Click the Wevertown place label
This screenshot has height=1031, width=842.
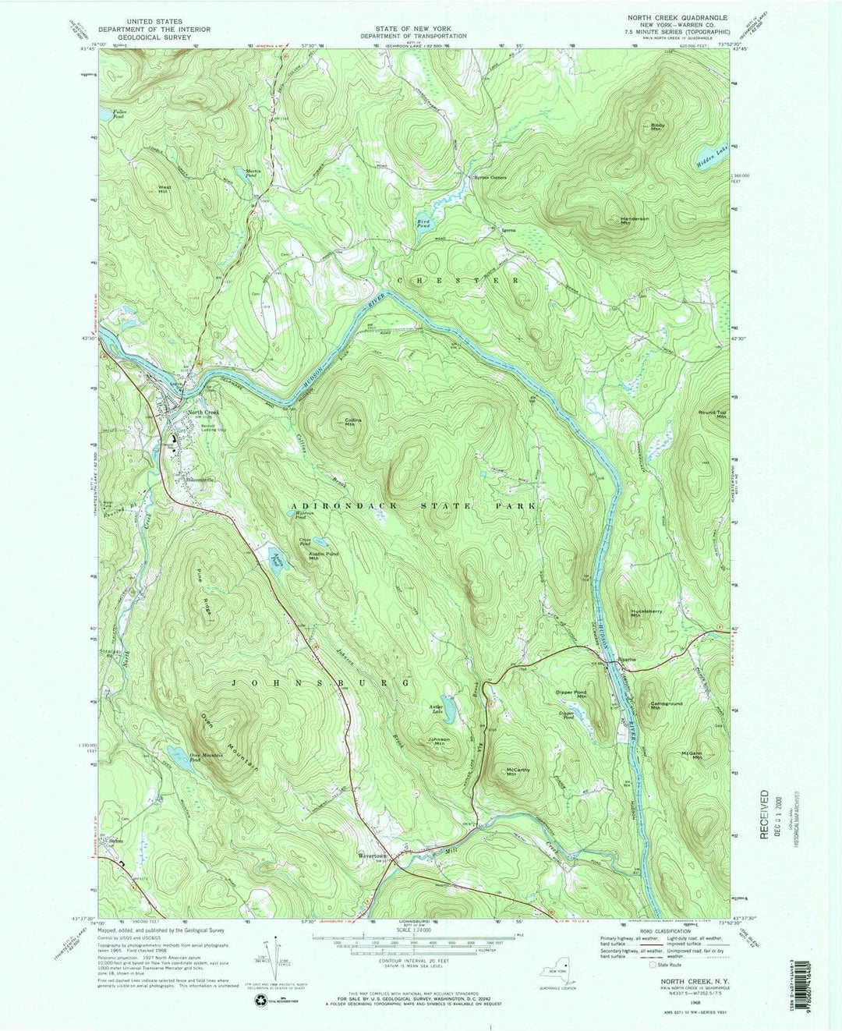coord(372,853)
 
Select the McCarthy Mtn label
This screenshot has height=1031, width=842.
coord(518,772)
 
